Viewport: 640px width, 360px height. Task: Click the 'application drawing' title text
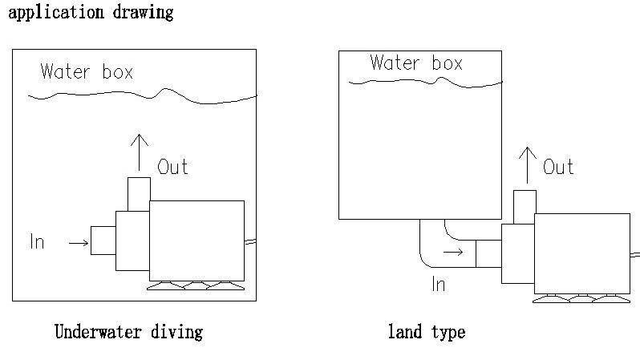click(90, 13)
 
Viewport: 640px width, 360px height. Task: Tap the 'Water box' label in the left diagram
click(87, 71)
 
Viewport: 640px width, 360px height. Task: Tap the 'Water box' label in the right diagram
click(416, 63)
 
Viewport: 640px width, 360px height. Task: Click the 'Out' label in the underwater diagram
click(172, 167)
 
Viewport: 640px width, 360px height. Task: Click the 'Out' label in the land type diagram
click(558, 167)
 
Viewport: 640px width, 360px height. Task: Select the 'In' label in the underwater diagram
click(37, 241)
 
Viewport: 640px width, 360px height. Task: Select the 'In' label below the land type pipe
click(438, 283)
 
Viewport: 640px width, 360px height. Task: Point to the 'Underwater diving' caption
click(128, 331)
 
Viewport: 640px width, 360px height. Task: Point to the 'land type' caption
click(426, 331)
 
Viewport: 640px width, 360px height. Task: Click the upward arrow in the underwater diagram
click(139, 152)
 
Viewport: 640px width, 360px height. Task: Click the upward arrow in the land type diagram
click(526, 164)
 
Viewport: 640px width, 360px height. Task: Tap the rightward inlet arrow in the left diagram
click(79, 242)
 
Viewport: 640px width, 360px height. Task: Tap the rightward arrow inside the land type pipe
click(453, 252)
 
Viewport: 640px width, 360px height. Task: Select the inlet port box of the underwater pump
click(103, 241)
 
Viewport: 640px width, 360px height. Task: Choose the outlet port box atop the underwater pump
click(139, 194)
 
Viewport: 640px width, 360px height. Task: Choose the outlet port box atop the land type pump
click(525, 207)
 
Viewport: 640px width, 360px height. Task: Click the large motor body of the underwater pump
click(196, 240)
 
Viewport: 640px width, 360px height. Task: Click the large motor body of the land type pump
click(581, 253)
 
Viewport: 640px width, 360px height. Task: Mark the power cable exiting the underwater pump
click(250, 241)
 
